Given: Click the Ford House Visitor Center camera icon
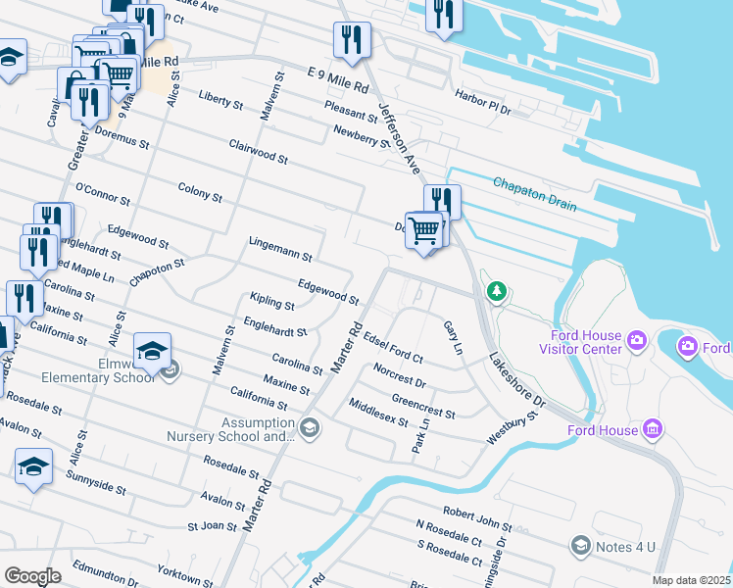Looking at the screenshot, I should click(x=637, y=341).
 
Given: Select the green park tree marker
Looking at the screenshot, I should click(x=497, y=290).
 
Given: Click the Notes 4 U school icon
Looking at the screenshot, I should click(x=580, y=544).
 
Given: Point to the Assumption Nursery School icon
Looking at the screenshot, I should click(x=310, y=426).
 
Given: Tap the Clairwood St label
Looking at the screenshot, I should click(x=258, y=152).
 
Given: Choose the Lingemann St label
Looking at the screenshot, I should click(x=280, y=249).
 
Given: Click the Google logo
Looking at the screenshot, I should click(x=32, y=576).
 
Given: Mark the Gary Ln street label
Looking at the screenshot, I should click(x=453, y=338).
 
